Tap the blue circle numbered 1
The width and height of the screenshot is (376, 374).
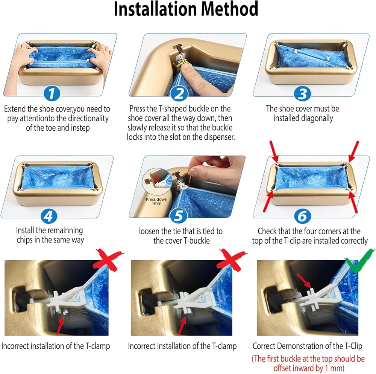point(52,93)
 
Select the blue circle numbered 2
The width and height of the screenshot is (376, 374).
point(179,93)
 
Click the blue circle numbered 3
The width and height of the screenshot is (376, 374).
point(302,93)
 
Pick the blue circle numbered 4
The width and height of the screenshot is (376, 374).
point(49,216)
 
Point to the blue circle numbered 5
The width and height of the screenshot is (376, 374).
point(179,215)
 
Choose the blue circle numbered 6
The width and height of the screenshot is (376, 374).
point(302,216)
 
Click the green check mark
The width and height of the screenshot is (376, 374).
point(359,261)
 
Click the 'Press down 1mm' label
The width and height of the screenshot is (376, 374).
point(156,201)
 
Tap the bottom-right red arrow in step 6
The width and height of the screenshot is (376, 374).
point(353,202)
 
